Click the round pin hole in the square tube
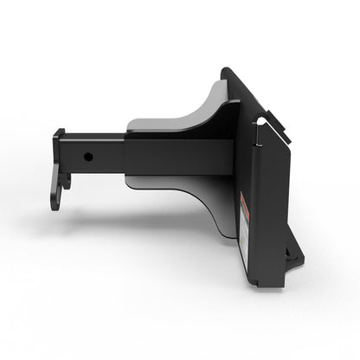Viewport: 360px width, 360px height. [x=88, y=157]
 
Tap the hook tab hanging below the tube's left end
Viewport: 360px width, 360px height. [x=57, y=190]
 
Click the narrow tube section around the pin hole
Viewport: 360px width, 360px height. [x=95, y=156]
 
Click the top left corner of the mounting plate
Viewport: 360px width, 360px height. [x=226, y=71]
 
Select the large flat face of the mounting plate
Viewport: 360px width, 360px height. [x=268, y=190]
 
